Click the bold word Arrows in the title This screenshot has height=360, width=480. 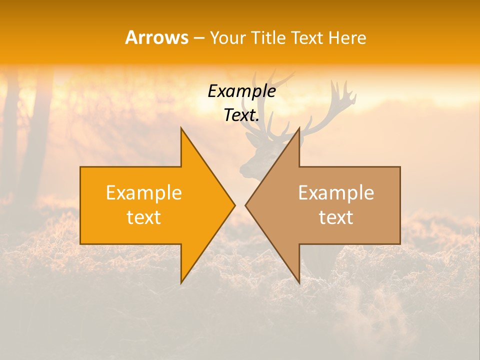156,37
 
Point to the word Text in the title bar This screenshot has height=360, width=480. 307,37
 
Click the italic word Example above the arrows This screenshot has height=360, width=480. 241,91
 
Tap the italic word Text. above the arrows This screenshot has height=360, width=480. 241,115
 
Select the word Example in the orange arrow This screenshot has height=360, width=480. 144,192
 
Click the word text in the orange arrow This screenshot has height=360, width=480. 144,217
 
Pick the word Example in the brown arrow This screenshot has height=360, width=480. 336,192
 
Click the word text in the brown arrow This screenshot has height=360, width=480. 336,217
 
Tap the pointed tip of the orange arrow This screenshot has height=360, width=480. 234,205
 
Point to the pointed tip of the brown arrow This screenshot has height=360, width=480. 245,205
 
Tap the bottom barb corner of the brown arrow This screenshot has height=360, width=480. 299,283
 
